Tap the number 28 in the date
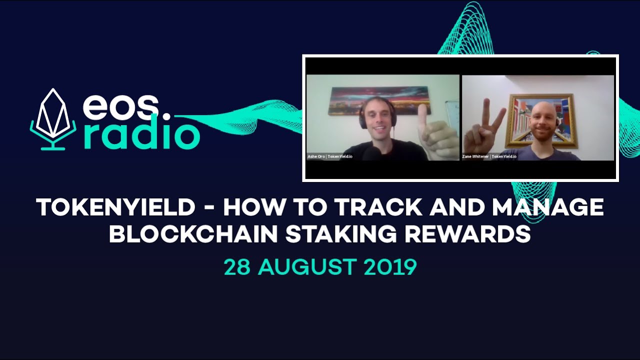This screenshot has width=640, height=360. coord(238,267)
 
